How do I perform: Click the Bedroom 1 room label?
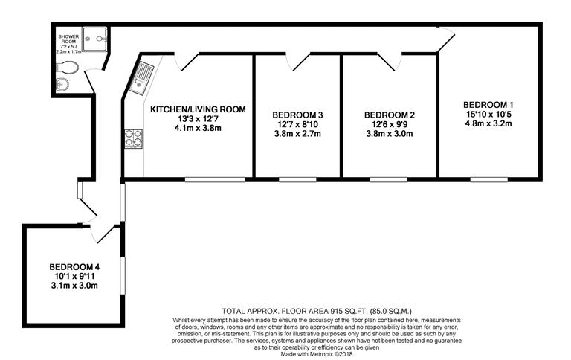point(488,103)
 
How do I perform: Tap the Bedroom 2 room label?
point(389,115)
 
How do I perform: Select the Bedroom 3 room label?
point(297,115)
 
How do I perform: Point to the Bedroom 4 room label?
point(74,266)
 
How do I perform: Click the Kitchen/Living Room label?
point(198,109)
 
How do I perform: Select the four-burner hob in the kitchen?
point(134,138)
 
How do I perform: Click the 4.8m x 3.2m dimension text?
point(488,123)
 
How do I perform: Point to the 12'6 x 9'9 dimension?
point(389,124)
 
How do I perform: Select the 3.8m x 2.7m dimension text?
point(297,134)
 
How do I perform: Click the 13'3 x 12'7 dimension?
point(198,119)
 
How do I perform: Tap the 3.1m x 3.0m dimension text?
point(74,286)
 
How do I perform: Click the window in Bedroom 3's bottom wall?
point(297,179)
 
